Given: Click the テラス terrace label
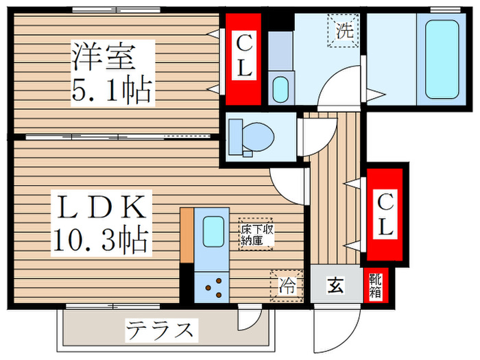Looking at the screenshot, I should click(x=158, y=331).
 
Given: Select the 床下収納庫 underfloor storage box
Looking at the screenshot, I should click(x=256, y=234).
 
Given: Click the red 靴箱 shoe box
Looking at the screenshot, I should click(x=376, y=285).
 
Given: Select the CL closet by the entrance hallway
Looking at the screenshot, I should click(x=385, y=214).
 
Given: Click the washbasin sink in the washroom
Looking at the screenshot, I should click(x=280, y=89).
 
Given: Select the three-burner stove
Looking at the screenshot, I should click(x=213, y=287).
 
